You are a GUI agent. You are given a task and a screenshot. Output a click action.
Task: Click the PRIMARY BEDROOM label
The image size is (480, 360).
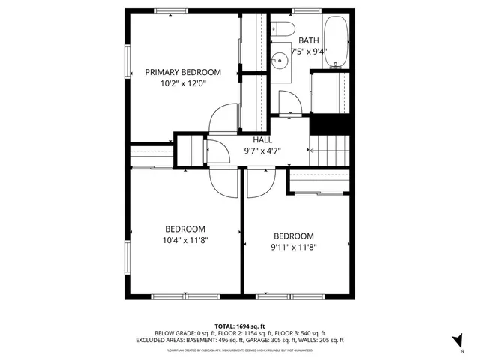[183, 72]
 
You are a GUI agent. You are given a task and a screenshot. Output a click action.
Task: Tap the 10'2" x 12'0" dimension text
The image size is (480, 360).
[183, 84]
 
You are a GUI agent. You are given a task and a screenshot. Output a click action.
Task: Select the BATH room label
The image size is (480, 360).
[308, 40]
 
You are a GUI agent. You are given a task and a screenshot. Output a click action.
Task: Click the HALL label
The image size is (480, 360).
[262, 139]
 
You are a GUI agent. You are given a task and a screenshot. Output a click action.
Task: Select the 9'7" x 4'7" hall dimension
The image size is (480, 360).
[262, 151]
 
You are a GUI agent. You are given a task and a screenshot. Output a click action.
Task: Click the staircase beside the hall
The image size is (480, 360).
[330, 150]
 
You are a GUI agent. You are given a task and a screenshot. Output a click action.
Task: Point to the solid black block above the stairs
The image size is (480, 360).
[331, 124]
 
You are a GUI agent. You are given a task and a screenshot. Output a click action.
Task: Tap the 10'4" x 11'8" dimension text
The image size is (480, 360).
[185, 241]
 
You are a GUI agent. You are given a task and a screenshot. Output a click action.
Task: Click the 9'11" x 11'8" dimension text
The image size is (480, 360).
[294, 245]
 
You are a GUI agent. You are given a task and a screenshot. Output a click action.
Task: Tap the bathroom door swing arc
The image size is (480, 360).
[289, 103]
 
